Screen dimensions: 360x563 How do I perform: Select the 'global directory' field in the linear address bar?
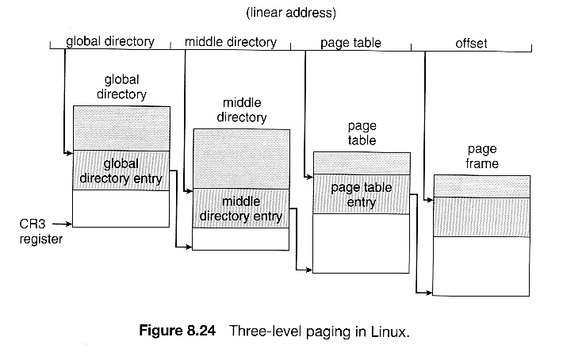tap(110, 41)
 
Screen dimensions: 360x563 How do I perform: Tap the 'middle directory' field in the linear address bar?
tap(232, 41)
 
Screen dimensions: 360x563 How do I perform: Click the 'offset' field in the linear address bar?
tap(471, 41)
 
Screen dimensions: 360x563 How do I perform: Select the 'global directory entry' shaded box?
tap(121, 170)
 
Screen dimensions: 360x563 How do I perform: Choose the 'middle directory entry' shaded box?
tap(241, 209)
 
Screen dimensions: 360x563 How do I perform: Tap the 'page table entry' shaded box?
tap(362, 194)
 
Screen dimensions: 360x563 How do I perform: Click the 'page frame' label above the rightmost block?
tap(482, 156)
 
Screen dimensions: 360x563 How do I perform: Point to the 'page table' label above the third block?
tap(362, 133)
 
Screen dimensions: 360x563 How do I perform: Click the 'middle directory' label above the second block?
tap(241, 110)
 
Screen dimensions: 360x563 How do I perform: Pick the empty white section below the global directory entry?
tap(121, 208)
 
